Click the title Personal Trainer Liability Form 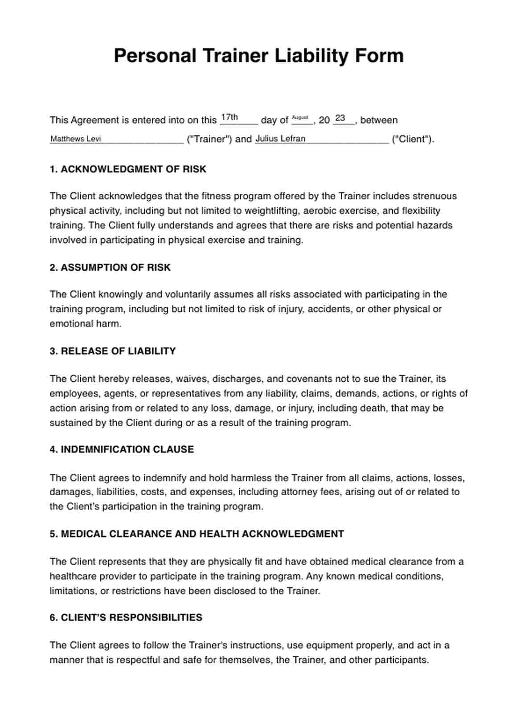pos(258,56)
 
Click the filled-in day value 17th pos(229,118)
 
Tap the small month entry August pos(300,118)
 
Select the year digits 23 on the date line pos(340,118)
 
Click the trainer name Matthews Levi pos(76,139)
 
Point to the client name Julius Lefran pos(280,139)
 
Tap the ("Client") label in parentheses pos(412,139)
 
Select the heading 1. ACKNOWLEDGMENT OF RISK pos(128,169)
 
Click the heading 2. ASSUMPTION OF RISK pos(110,267)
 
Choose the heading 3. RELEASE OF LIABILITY pos(113,351)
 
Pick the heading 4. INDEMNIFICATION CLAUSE pos(122,449)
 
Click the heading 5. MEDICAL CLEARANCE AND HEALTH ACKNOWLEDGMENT pos(196,534)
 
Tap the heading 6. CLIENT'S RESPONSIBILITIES pos(126,617)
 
